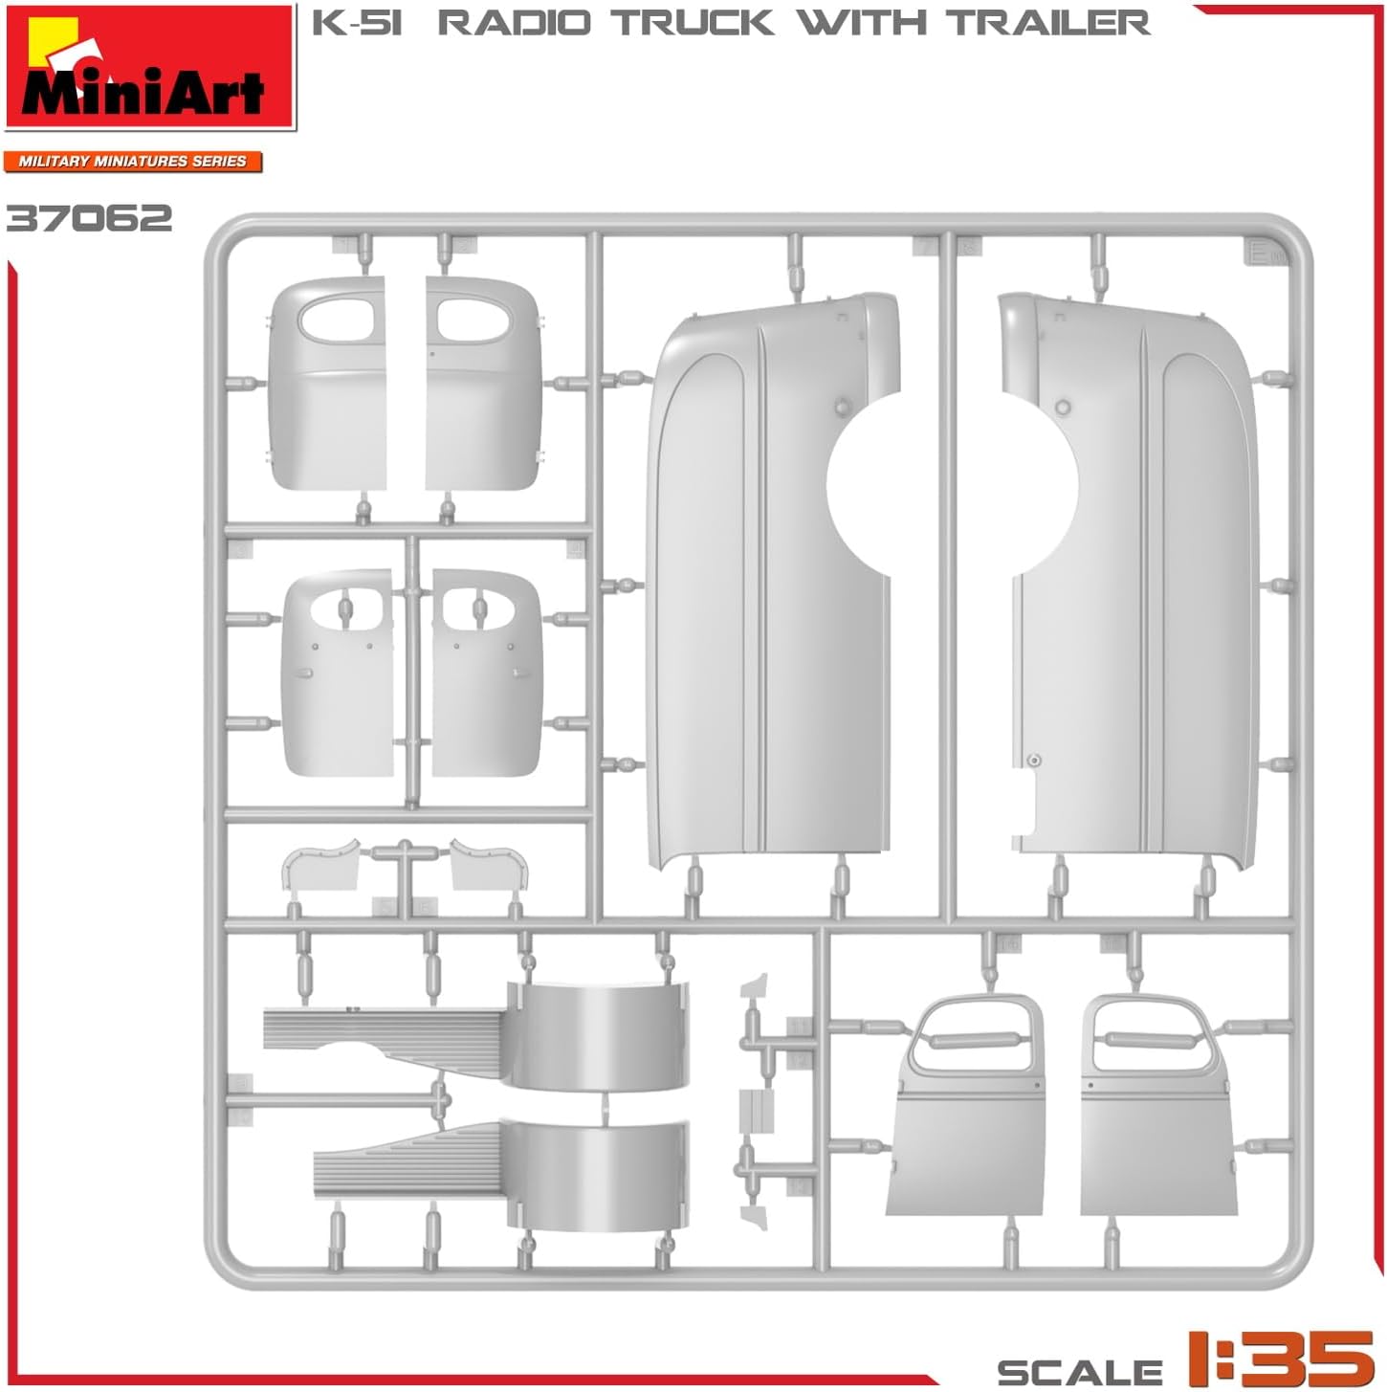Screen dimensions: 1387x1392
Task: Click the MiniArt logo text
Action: pos(143,92)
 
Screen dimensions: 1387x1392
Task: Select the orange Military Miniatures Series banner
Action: pos(132,161)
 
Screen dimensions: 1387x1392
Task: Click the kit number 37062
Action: pos(90,218)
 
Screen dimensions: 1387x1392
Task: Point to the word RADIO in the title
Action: pos(515,22)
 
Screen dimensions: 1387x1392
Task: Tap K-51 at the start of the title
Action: pos(356,22)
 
